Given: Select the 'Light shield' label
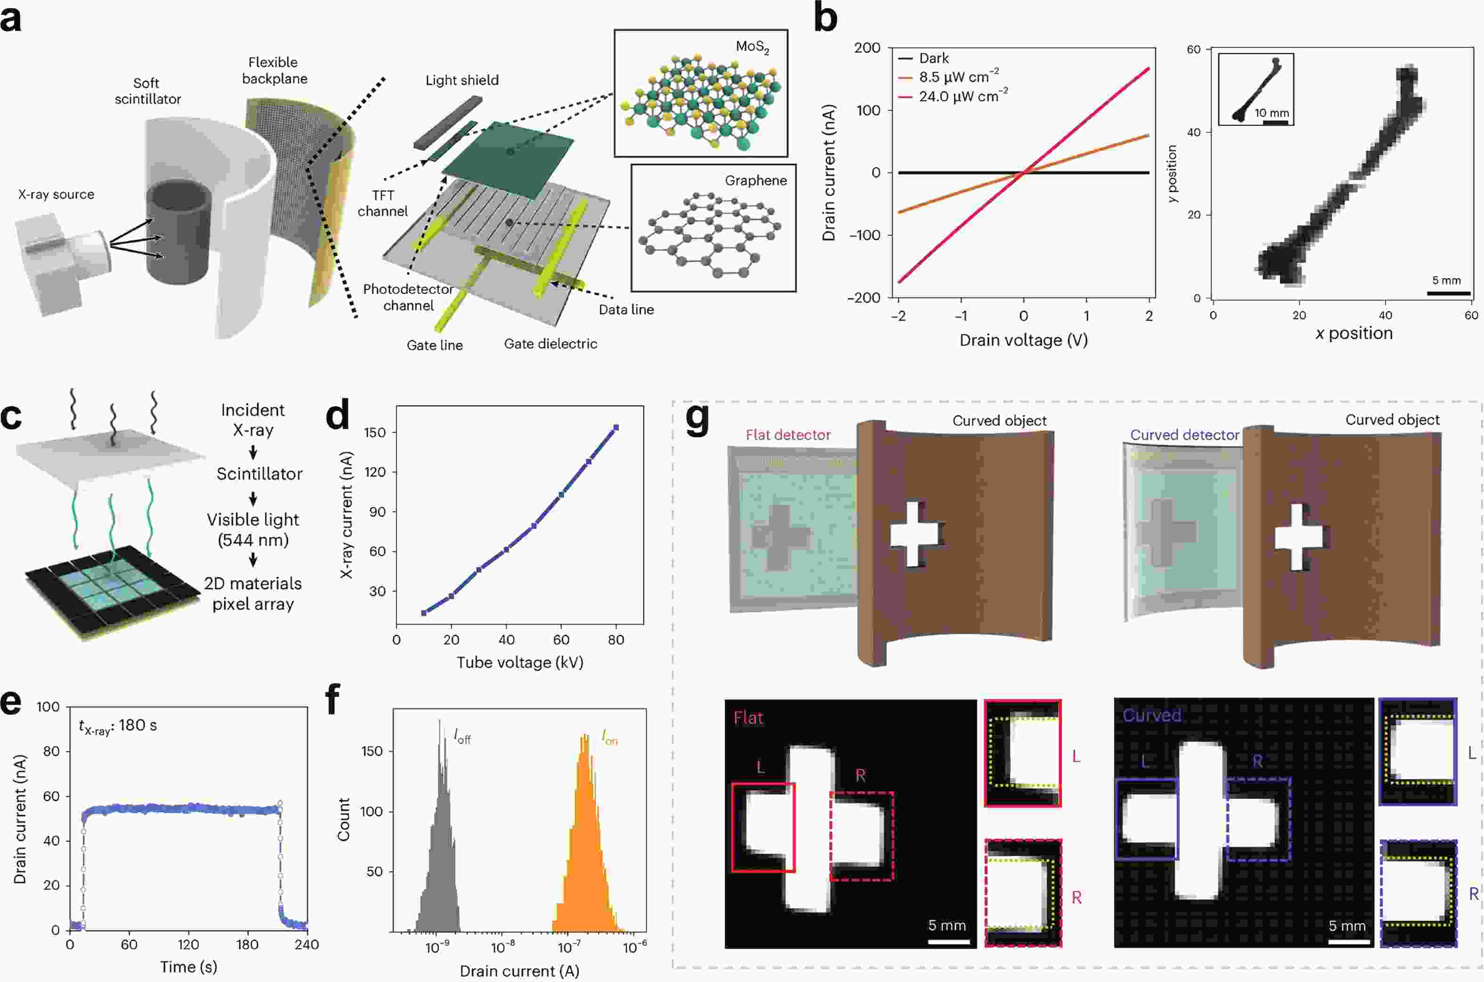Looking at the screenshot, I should [462, 80].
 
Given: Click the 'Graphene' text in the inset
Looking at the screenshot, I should [756, 180].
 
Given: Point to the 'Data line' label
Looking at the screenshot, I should [626, 309].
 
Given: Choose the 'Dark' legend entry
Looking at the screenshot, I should [933, 58].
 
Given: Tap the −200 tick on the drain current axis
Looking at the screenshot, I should [864, 298].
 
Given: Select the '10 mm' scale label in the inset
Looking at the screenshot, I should [1272, 113].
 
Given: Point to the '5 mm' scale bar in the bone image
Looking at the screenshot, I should [1448, 292].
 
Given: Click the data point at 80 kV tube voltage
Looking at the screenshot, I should [616, 428].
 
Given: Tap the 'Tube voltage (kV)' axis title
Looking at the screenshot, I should [520, 663].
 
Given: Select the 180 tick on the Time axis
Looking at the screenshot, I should [247, 944].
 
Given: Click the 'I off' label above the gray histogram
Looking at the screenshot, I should [462, 737].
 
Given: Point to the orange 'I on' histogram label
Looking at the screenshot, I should [609, 739].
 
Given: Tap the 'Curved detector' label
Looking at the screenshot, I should [1184, 435].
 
